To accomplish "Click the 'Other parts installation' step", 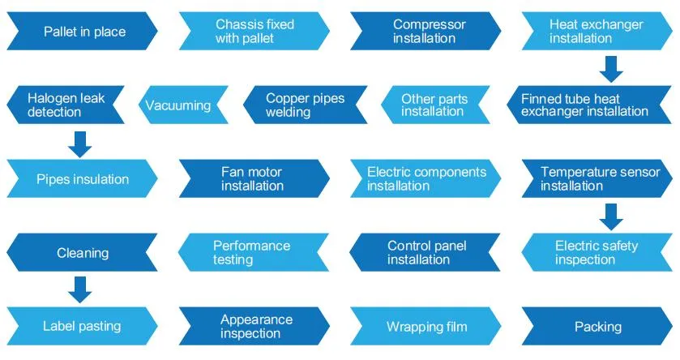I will (434, 105).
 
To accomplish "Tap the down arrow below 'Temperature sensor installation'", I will (612, 216).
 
